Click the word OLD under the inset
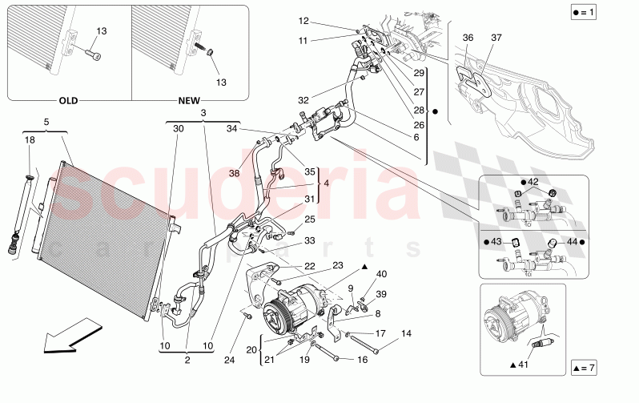click(x=70, y=102)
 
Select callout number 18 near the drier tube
click(x=30, y=140)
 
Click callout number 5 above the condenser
click(x=46, y=123)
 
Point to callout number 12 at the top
click(x=303, y=21)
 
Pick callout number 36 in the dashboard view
click(x=468, y=38)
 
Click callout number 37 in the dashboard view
click(x=496, y=38)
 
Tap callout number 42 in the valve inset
click(x=532, y=183)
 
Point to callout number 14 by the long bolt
click(x=406, y=332)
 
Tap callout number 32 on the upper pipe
click(x=302, y=100)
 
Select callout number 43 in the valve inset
click(x=498, y=242)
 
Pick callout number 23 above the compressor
click(x=338, y=265)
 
